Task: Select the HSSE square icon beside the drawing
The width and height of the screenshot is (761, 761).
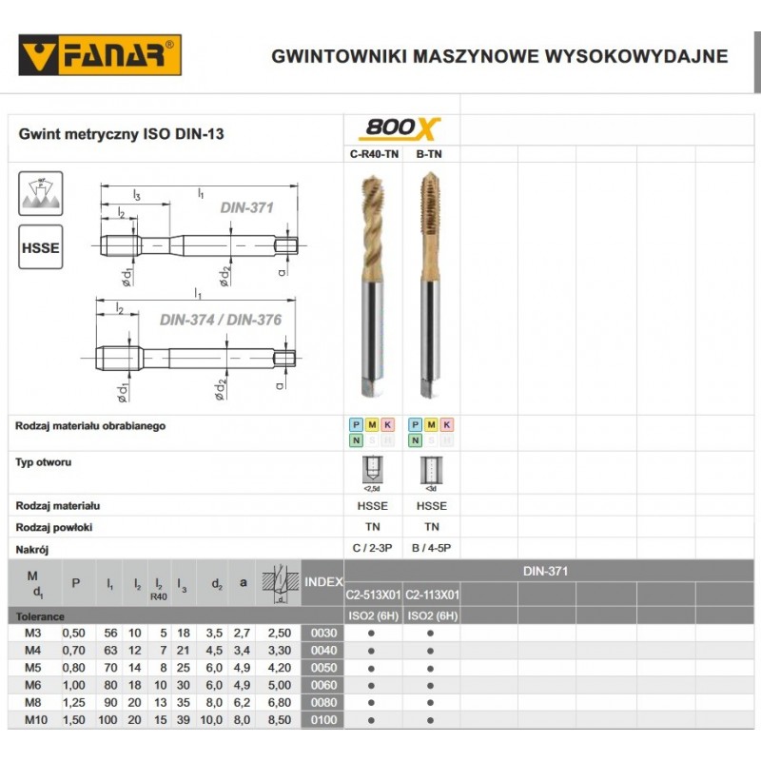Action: (41, 247)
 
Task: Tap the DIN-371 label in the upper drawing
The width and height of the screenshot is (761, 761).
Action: (246, 206)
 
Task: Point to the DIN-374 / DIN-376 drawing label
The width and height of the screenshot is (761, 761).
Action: (220, 320)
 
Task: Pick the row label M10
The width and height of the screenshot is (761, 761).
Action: (34, 720)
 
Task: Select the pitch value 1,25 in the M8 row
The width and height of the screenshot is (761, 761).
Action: (73, 703)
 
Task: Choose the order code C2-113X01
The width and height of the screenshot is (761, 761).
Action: (433, 595)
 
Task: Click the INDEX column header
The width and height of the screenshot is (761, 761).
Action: (322, 582)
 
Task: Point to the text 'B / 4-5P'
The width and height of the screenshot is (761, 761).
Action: (432, 549)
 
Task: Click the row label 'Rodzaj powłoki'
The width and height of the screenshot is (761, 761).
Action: (54, 527)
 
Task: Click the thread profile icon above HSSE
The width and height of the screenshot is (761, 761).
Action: (41, 192)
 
